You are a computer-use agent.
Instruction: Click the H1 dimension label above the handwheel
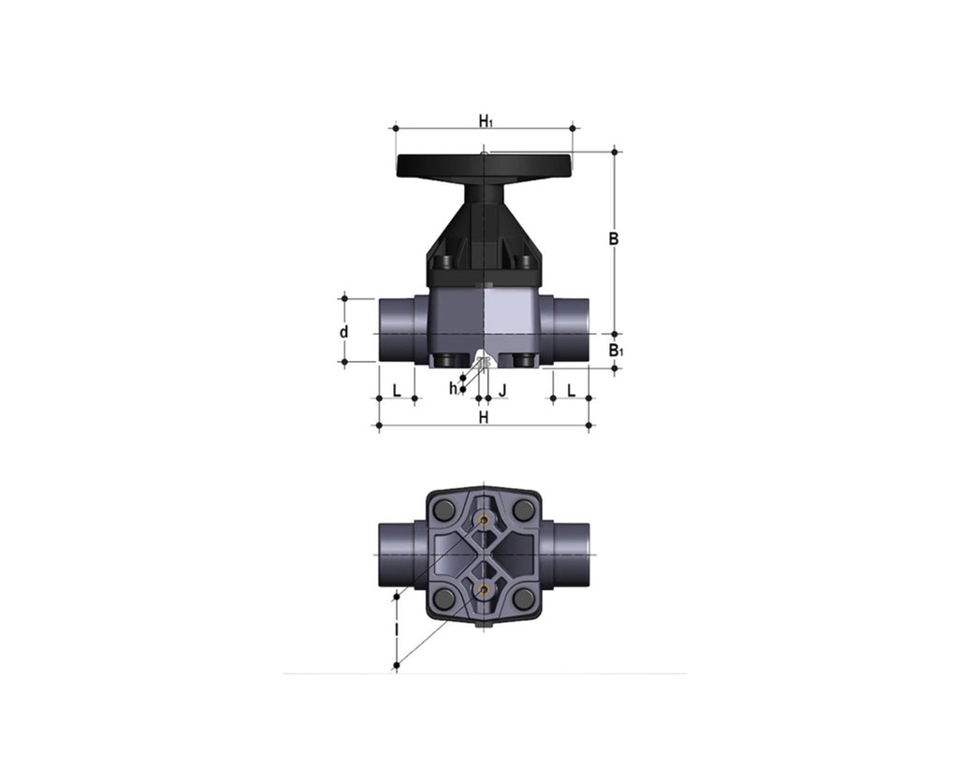click(x=485, y=121)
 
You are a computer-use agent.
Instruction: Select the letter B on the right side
click(x=614, y=239)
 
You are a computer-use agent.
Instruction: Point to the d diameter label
click(x=344, y=332)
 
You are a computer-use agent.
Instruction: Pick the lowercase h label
click(x=454, y=388)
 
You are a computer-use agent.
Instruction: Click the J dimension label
click(x=503, y=389)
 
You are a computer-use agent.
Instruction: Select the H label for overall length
click(x=484, y=418)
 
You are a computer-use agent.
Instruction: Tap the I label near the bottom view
click(x=397, y=631)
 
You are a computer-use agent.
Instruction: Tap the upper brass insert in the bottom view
click(x=484, y=520)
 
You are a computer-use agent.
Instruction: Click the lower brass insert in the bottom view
click(x=484, y=589)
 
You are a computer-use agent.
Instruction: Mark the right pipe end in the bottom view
click(x=566, y=554)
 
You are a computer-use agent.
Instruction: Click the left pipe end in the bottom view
click(x=401, y=554)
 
